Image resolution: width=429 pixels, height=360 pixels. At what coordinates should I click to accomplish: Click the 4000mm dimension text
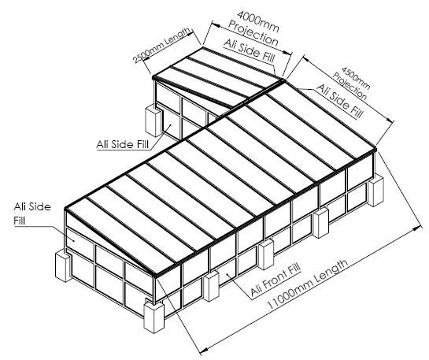(x=258, y=21)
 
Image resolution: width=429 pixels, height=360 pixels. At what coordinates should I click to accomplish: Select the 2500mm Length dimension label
(x=161, y=45)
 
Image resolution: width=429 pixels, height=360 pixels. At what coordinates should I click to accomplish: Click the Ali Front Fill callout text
(x=276, y=280)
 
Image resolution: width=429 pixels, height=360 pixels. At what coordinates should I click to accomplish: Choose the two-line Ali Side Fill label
(x=32, y=213)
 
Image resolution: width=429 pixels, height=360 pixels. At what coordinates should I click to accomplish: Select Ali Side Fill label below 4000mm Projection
(x=250, y=51)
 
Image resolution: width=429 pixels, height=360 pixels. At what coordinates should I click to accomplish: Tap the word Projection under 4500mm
(x=349, y=86)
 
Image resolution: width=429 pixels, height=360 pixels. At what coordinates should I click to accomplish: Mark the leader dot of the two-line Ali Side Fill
(x=74, y=240)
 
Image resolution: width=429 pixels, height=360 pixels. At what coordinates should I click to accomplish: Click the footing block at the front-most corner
(x=153, y=317)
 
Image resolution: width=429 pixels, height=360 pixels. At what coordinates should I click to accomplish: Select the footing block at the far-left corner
(x=64, y=266)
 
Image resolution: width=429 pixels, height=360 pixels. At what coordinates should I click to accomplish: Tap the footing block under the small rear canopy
(x=153, y=121)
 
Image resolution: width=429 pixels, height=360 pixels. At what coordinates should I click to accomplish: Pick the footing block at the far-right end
(x=376, y=191)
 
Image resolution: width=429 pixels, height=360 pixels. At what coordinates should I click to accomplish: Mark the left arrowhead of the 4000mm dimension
(x=216, y=25)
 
